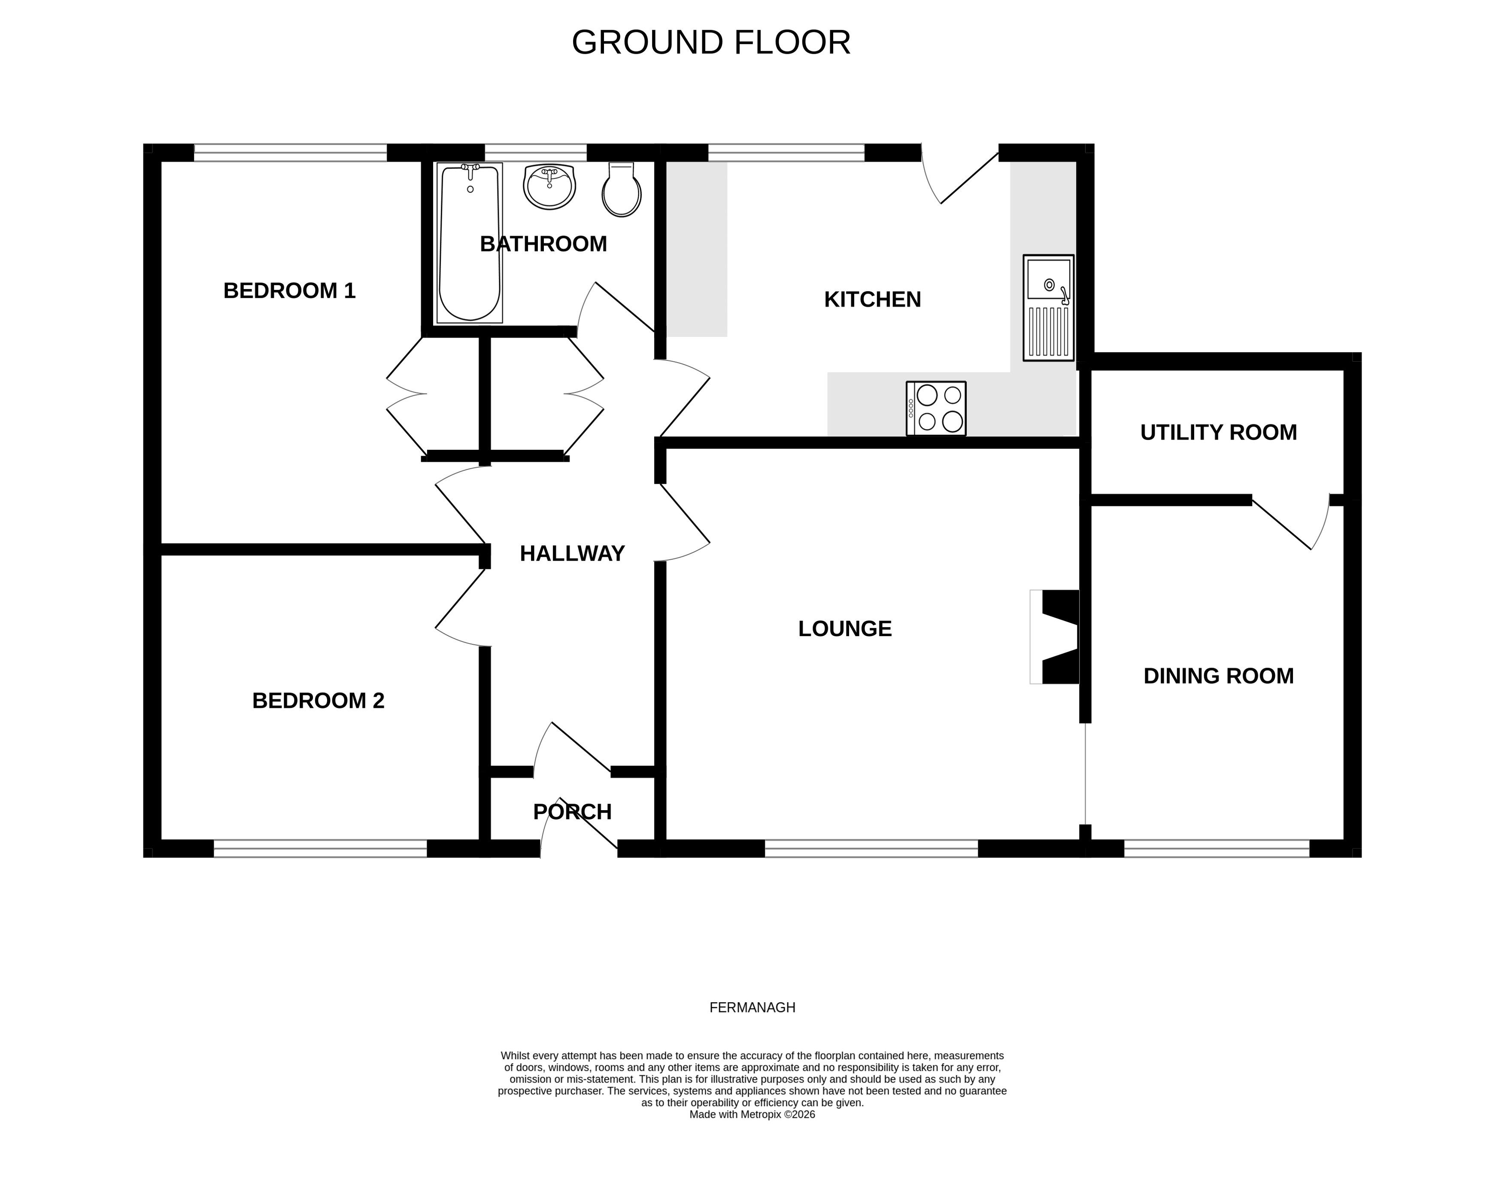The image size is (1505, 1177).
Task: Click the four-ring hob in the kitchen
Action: tap(936, 408)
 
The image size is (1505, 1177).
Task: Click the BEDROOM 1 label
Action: tap(289, 291)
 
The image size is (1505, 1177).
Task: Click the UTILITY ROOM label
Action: tap(1218, 432)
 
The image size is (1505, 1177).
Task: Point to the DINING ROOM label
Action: tap(1218, 676)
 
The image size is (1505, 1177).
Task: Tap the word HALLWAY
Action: tap(572, 554)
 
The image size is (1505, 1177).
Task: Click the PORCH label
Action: tap(572, 811)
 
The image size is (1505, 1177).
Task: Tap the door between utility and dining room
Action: tap(1289, 522)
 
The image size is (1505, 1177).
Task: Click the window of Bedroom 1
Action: tap(290, 152)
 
